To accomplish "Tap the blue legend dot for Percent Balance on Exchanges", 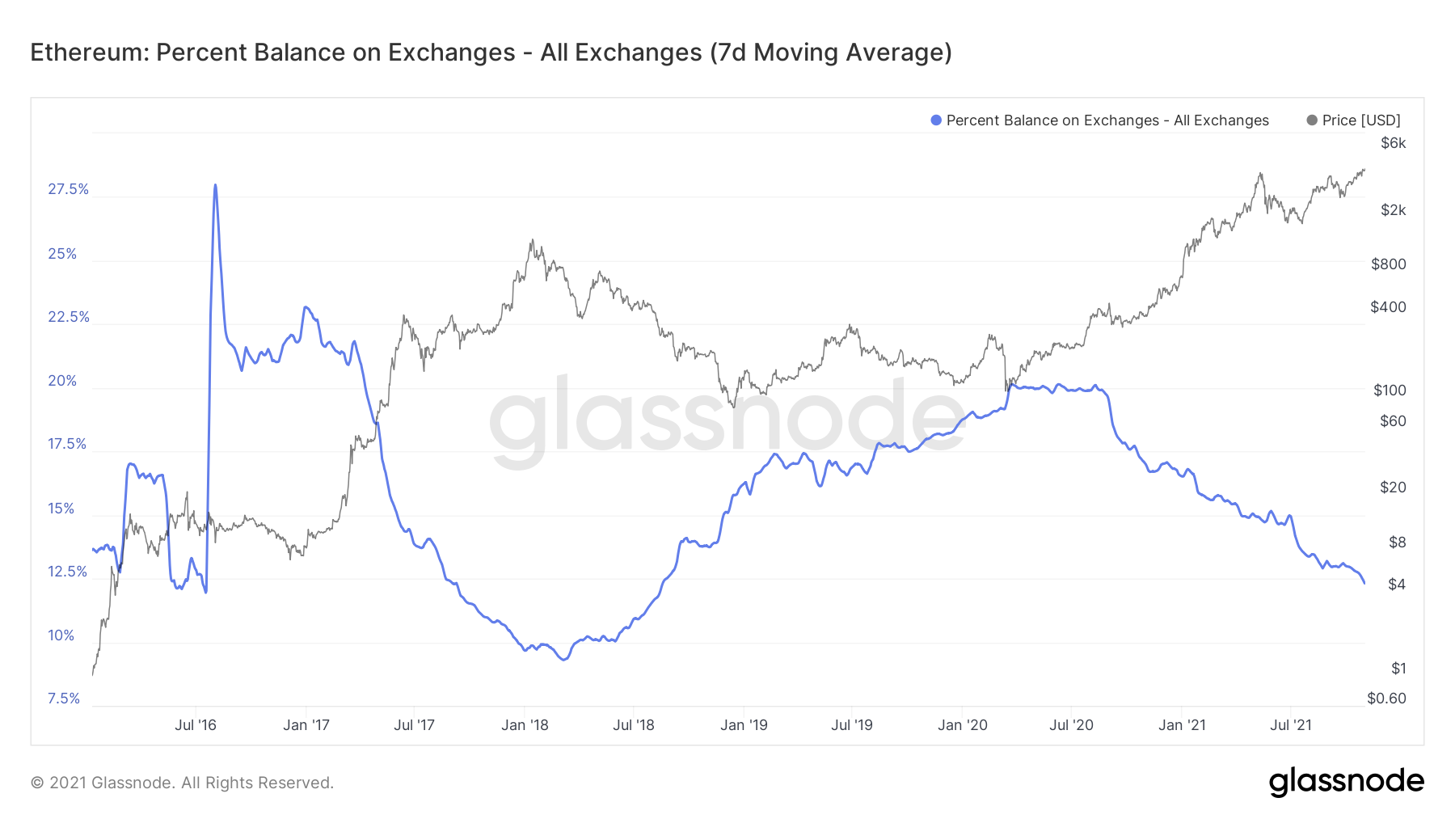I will [936, 120].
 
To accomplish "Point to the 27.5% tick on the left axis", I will [68, 189].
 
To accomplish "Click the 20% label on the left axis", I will [61, 381].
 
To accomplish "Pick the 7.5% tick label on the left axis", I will [64, 699].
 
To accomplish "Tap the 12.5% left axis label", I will [67, 572].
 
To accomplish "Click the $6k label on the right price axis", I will [1393, 143].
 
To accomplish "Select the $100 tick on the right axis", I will [1390, 390].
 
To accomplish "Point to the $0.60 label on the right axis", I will [1386, 698].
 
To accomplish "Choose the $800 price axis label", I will [1389, 264].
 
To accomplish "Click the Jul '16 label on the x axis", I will [196, 725].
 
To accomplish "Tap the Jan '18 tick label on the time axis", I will [525, 725].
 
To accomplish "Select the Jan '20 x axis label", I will [962, 725].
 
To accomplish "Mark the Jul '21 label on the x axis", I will [1290, 725].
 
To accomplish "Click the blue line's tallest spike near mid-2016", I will [215, 185].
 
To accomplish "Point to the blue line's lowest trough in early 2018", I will [563, 660].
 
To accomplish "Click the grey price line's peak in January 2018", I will [532, 239].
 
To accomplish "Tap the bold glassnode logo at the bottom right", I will [1346, 782].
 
